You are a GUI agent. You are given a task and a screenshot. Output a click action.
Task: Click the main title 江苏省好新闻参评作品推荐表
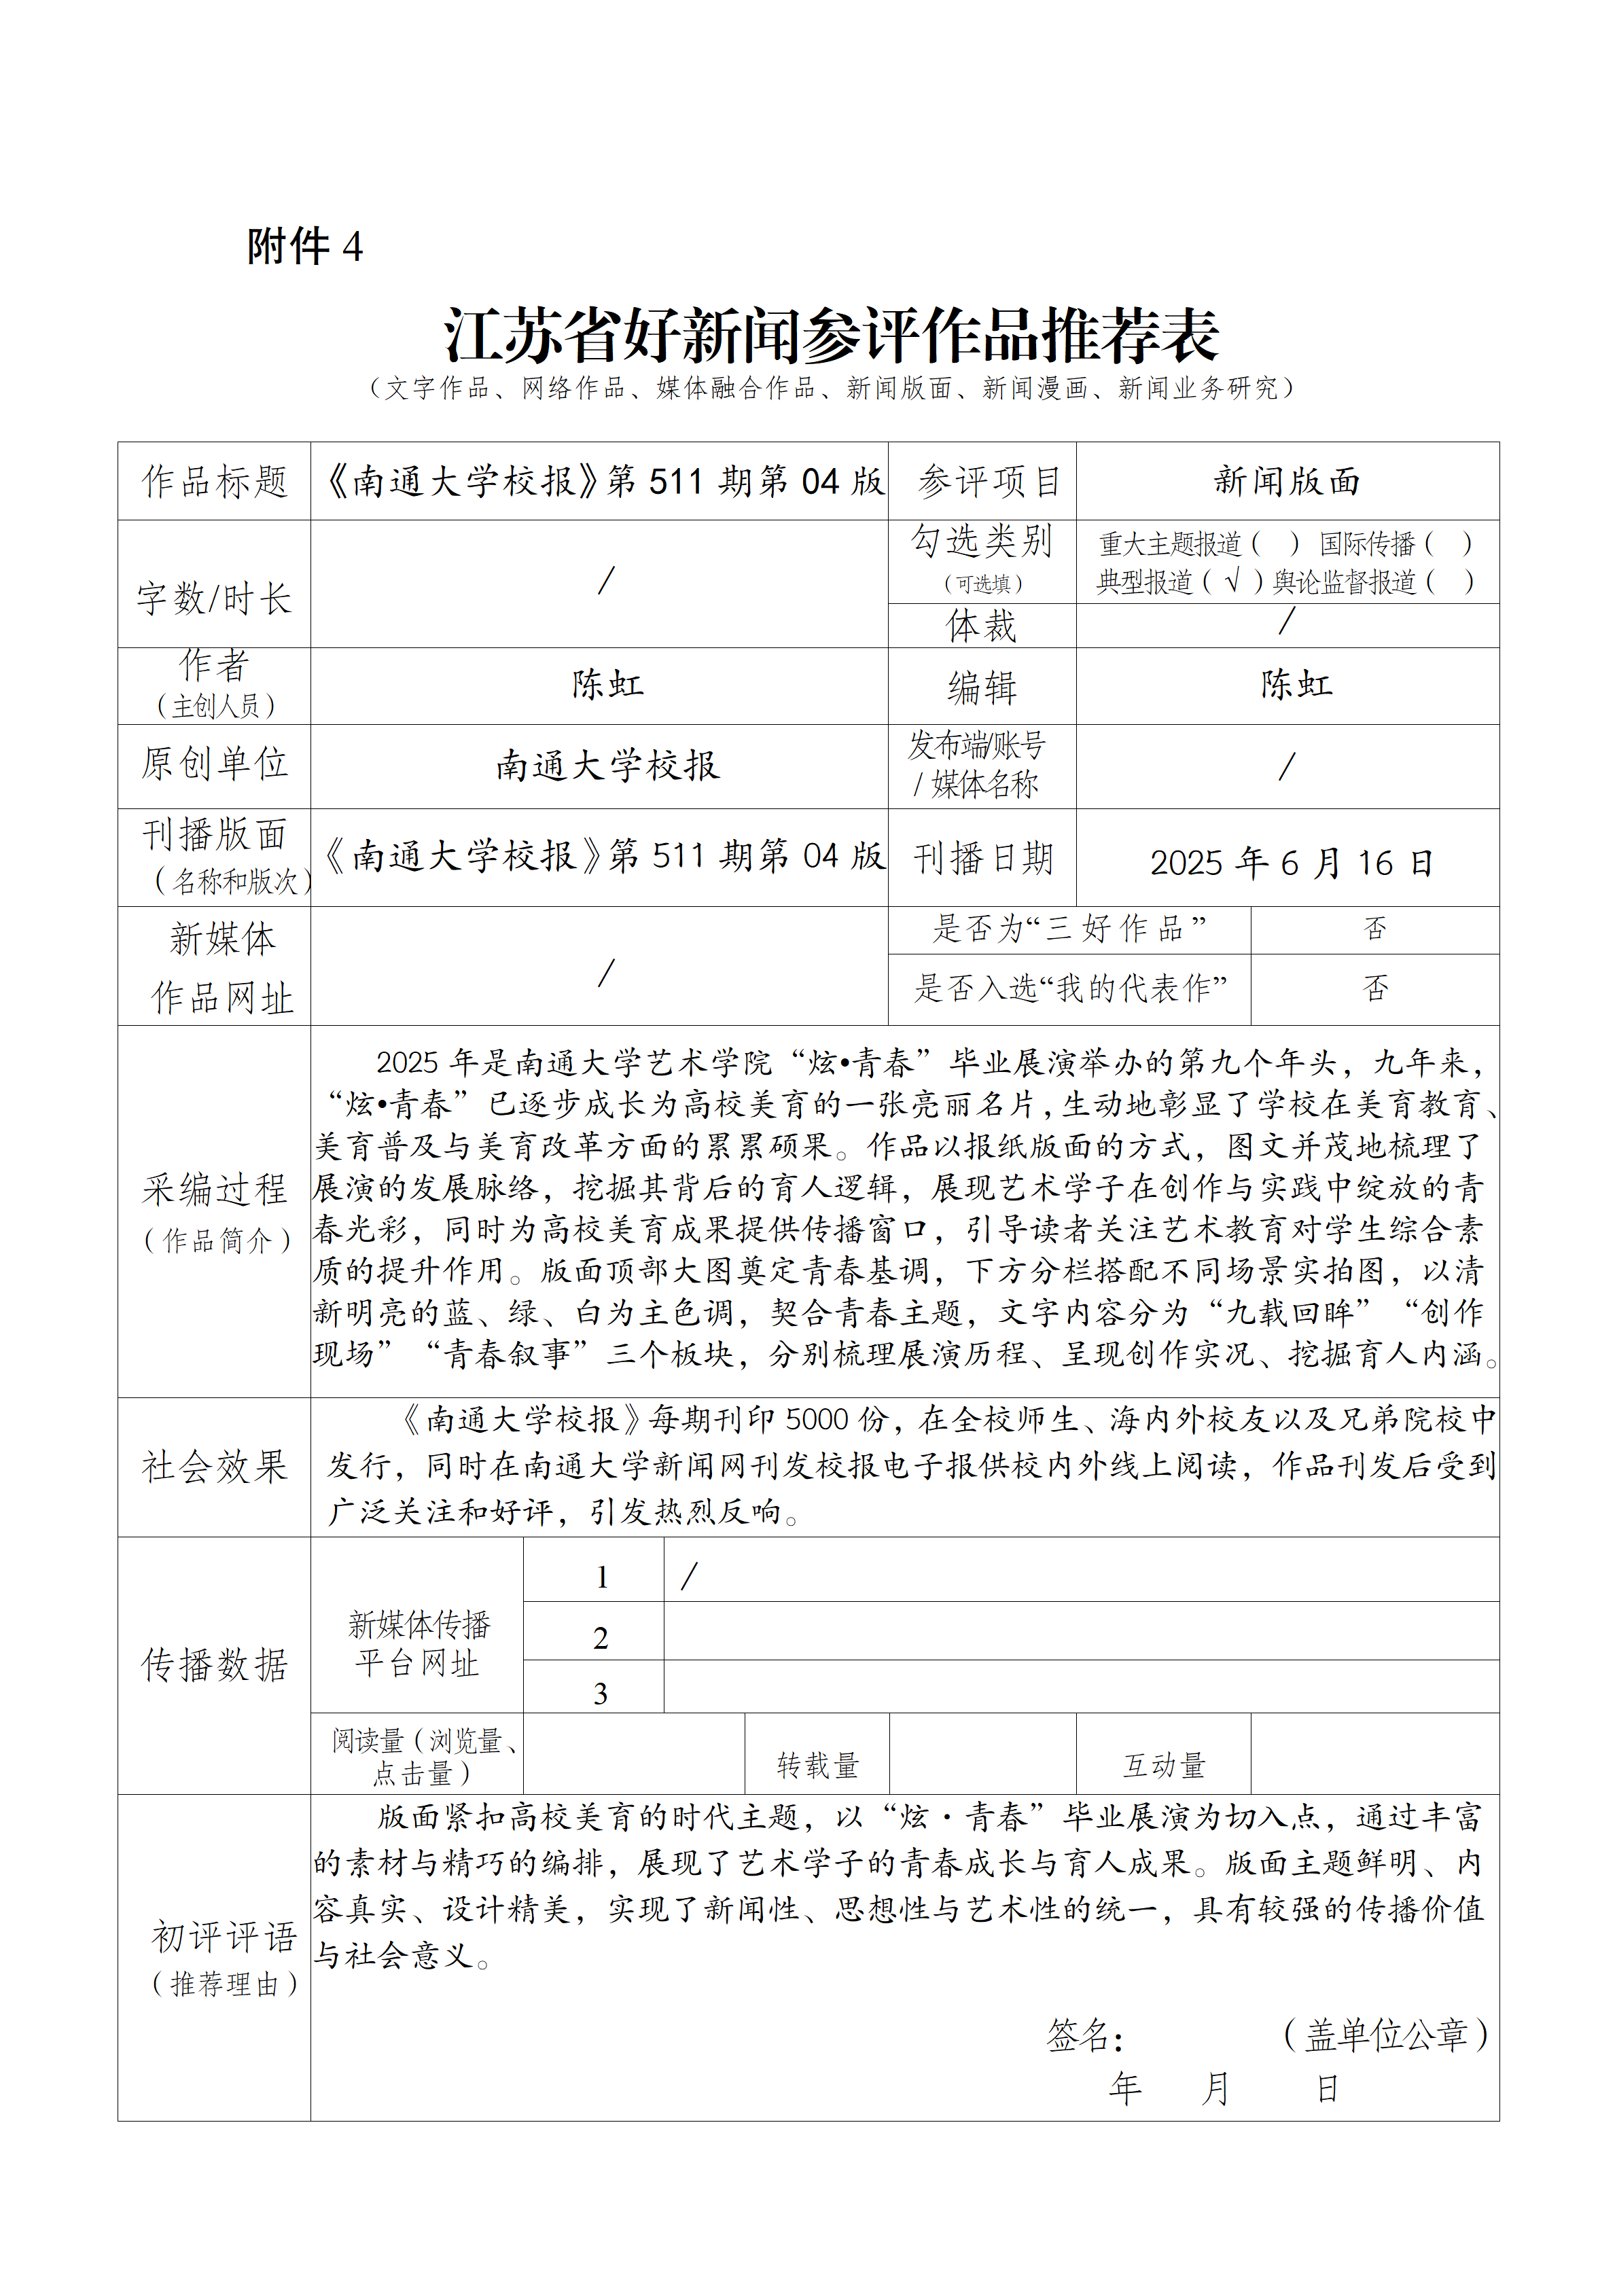pyautogui.click(x=832, y=335)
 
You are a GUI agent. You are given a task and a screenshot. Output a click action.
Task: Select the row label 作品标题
pyautogui.click(x=214, y=482)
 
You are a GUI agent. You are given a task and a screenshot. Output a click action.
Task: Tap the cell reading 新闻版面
pyautogui.click(x=1287, y=482)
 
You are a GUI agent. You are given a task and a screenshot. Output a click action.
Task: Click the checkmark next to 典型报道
pyautogui.click(x=1232, y=581)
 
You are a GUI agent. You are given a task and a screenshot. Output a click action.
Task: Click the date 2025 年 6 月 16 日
pyautogui.click(x=1290, y=862)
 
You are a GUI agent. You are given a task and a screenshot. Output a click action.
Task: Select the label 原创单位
pyautogui.click(x=214, y=764)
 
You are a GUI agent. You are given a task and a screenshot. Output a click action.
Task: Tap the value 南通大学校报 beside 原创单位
pyautogui.click(x=607, y=766)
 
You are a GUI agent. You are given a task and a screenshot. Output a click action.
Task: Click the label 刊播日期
pyautogui.click(x=983, y=858)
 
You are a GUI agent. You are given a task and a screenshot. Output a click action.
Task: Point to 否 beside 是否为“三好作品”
pyautogui.click(x=1374, y=929)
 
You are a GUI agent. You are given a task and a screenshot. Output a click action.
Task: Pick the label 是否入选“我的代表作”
pyautogui.click(x=1069, y=988)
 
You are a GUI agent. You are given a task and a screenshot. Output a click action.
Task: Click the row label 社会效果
pyautogui.click(x=214, y=1466)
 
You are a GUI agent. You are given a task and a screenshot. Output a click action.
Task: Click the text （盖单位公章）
pyautogui.click(x=1386, y=2035)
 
